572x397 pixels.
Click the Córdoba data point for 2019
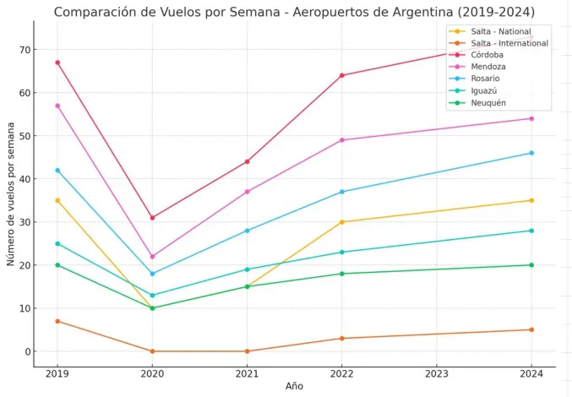57,63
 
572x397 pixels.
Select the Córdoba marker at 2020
152,218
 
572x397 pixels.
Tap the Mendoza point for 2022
342,140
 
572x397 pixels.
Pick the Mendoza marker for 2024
531,118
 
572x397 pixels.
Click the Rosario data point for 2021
247,231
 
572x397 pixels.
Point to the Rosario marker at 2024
531,153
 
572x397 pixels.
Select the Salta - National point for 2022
342,222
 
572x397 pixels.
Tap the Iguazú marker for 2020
152,296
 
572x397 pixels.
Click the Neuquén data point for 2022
342,274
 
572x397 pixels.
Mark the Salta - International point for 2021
247,351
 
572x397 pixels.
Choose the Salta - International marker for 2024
531,329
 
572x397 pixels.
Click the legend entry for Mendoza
489,67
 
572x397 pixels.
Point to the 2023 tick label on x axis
437,373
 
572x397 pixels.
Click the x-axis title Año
294,386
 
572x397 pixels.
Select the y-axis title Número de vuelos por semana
11,193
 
